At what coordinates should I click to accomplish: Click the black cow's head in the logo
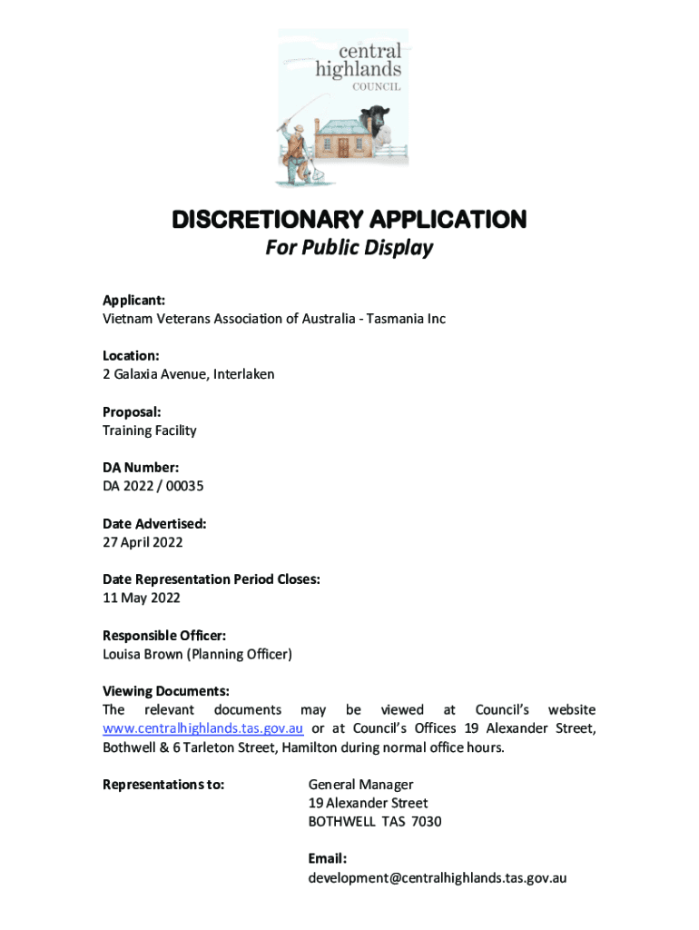(375, 119)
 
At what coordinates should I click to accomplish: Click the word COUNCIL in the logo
(376, 87)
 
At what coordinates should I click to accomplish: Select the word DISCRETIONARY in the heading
(267, 220)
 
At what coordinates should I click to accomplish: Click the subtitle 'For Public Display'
(349, 248)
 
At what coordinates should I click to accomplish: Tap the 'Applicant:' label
(133, 301)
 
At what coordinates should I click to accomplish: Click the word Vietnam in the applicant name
(127, 319)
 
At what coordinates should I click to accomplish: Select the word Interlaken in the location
(243, 374)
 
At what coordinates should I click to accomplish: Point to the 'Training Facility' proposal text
(149, 430)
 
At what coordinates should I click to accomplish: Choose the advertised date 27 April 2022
(143, 542)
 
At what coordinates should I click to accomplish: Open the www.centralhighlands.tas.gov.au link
(202, 728)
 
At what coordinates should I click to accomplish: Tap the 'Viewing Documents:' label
(165, 691)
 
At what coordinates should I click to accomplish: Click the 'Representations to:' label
(163, 785)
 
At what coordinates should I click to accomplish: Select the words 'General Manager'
(360, 785)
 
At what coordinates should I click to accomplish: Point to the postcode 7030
(426, 822)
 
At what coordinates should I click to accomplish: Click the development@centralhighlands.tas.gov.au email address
(438, 878)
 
